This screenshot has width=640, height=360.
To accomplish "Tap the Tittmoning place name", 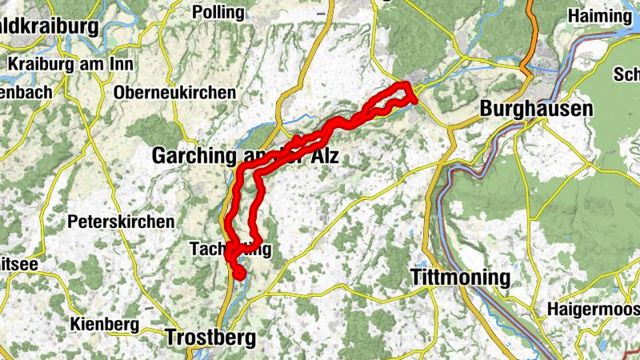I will [x=459, y=277].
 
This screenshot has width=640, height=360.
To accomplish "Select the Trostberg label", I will [x=211, y=338].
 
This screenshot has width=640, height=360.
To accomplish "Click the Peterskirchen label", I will [x=121, y=221].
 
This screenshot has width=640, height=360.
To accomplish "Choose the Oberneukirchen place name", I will [x=175, y=93].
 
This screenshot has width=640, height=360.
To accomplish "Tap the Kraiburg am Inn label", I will [x=58, y=63].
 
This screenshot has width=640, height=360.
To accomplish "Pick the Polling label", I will [x=218, y=12].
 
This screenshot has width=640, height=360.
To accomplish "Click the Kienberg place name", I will [x=105, y=325].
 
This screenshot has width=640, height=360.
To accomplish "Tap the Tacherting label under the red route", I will [x=231, y=249].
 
